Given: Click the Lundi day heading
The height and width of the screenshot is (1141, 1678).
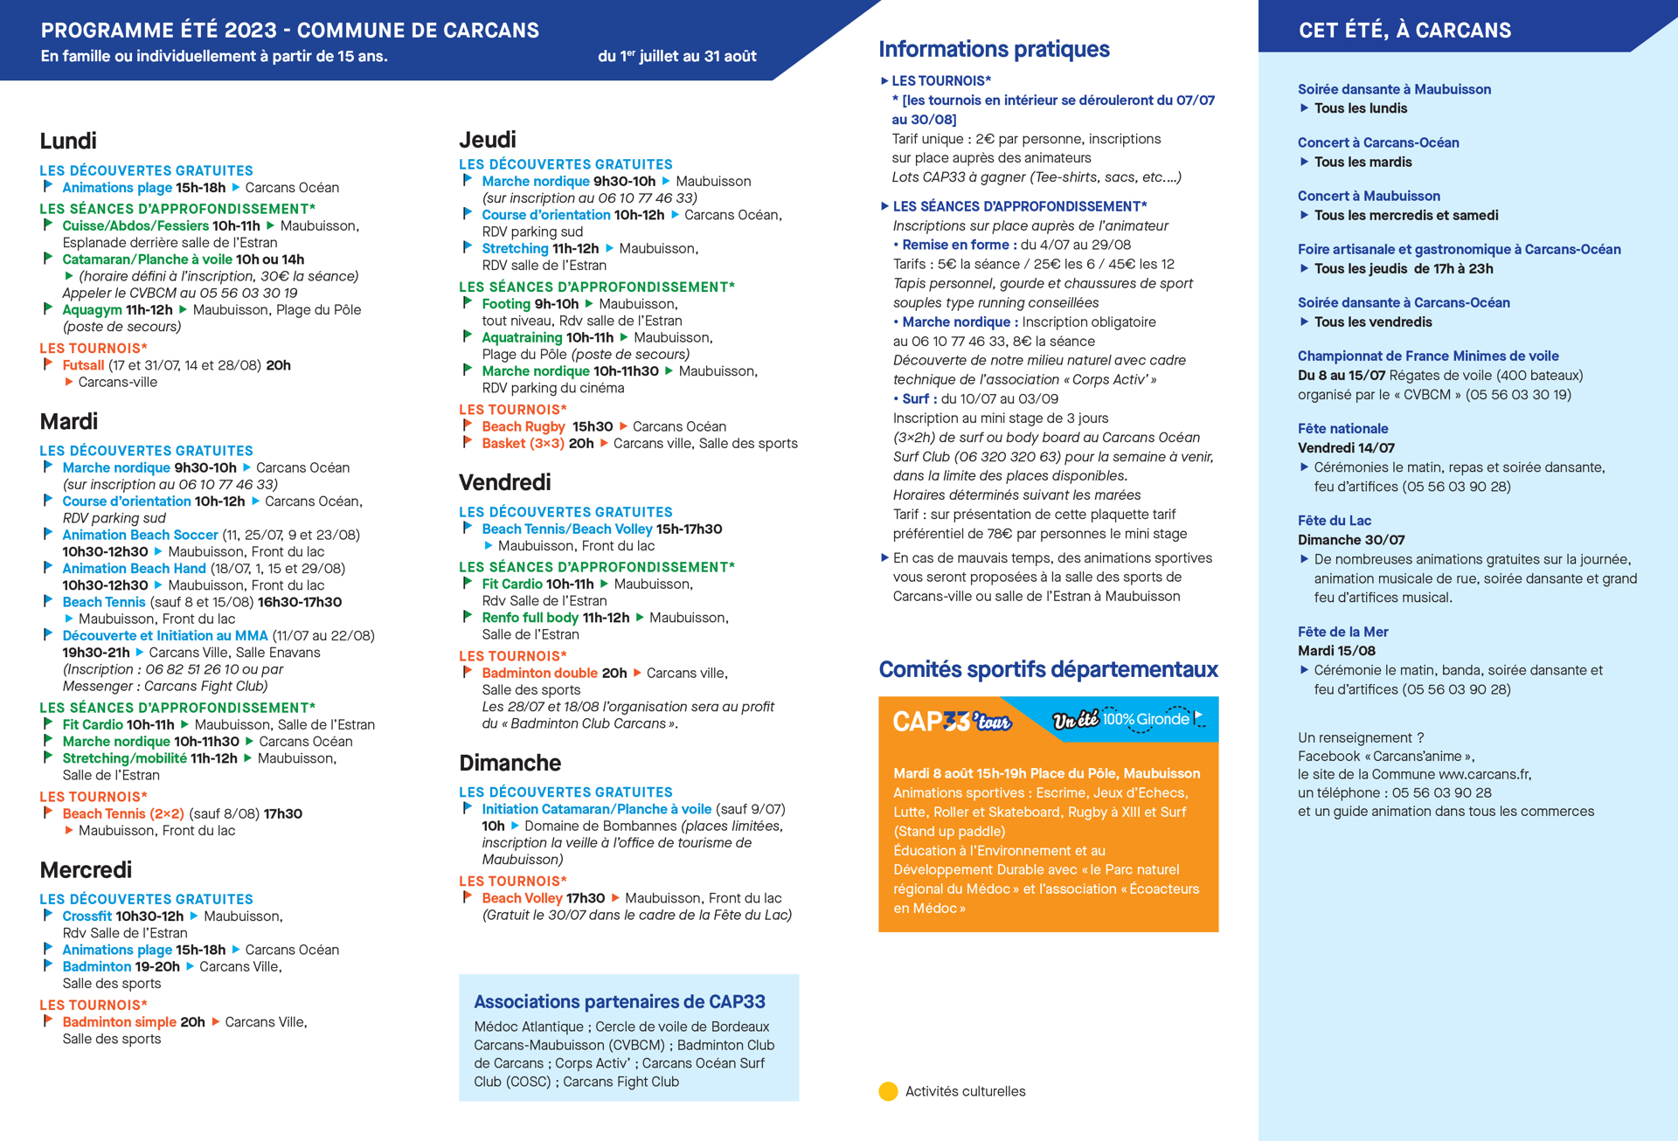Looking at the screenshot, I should pos(68,141).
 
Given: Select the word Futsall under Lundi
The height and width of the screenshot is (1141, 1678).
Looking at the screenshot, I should pos(83,365).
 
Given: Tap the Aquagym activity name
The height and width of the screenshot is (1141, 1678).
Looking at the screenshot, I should pos(92,309).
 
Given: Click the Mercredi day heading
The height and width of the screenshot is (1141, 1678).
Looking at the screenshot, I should pos(86,869).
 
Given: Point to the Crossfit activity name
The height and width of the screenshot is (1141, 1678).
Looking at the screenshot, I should pos(87,916).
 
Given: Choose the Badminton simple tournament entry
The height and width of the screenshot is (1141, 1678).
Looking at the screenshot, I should pos(119,1021).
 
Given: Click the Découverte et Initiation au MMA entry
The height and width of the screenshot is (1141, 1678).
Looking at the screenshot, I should pos(165,635).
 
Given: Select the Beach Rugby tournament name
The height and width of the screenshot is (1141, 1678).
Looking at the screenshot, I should pos(523,426).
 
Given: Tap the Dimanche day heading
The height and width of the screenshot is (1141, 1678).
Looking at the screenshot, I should pos(510,763).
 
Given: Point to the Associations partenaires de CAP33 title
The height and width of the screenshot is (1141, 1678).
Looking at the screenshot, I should pos(619,1001).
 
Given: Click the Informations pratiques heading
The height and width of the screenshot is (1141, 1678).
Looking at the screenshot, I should pos(994,49).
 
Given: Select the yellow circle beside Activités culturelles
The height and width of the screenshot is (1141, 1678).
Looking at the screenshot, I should pos(888,1091).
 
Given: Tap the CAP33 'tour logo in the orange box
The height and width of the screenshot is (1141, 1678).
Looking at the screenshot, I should pos(951,721).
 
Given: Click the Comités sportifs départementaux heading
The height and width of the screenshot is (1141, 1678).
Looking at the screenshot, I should pos(1048,669).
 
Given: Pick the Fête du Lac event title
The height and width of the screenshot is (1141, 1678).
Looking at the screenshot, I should pos(1334,520).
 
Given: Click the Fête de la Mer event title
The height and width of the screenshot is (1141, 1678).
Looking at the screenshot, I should pos(1342,631).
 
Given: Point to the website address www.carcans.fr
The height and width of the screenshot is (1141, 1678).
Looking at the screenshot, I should pos(1484,774).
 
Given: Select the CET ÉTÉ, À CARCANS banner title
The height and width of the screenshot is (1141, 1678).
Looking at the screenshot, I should pos(1404,31).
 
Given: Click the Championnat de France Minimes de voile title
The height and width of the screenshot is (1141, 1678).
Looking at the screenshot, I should pos(1427,356).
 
